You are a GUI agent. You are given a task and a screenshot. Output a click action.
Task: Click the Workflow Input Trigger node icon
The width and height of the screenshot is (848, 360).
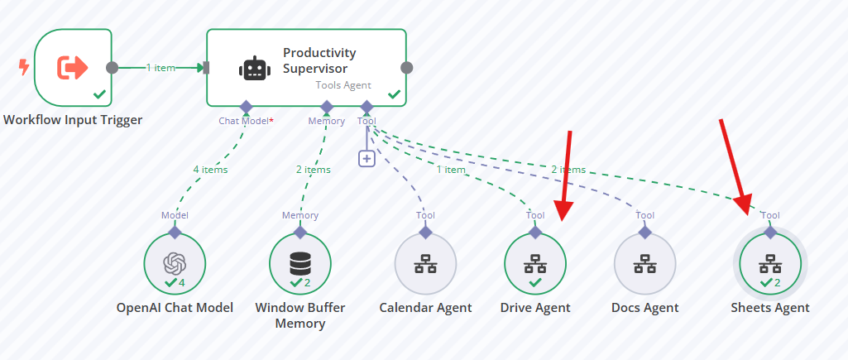coord(73,68)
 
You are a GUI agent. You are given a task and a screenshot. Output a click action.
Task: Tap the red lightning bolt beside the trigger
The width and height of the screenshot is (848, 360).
coord(24,67)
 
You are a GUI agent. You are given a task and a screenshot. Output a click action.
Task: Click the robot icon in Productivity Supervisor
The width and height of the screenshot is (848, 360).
coord(254,68)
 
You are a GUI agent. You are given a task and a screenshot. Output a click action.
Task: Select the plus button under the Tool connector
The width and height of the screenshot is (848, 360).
coord(367,159)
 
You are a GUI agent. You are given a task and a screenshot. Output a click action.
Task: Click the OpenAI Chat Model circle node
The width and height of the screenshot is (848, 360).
coord(175,264)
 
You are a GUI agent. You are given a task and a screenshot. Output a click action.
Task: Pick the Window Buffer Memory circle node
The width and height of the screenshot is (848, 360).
coord(300,264)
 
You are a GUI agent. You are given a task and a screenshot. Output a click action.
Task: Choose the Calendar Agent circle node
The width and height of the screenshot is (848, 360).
coord(425,264)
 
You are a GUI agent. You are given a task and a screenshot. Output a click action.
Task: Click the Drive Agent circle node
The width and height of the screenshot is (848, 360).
coord(535,264)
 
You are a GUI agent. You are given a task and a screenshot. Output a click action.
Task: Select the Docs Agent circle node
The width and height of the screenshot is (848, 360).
coord(644,264)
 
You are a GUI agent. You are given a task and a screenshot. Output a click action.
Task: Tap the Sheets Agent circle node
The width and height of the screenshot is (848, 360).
coord(770,264)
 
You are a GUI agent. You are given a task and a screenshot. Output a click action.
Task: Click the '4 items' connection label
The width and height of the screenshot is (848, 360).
coord(210,170)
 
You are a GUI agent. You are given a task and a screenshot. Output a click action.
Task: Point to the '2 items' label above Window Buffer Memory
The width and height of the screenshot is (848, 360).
coord(313,170)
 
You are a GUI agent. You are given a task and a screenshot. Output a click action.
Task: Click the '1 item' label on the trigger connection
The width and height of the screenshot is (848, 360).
coord(160,68)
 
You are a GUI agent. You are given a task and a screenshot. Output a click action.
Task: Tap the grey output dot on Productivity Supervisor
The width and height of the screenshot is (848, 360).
coord(407,68)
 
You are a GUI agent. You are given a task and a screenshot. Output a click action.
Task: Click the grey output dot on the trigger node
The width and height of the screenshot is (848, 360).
coord(112,68)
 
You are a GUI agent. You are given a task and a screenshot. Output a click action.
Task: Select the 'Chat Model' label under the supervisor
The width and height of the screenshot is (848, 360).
coord(243,121)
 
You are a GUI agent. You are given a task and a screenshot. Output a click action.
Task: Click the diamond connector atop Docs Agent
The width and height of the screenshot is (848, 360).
coord(644,233)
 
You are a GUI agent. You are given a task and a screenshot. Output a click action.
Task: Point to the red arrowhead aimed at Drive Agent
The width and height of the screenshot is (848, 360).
coord(563,211)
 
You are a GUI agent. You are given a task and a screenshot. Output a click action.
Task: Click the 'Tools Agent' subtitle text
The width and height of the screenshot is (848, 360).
coord(343,85)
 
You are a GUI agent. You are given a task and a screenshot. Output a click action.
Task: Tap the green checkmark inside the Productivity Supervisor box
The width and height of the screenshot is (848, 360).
coord(395,94)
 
